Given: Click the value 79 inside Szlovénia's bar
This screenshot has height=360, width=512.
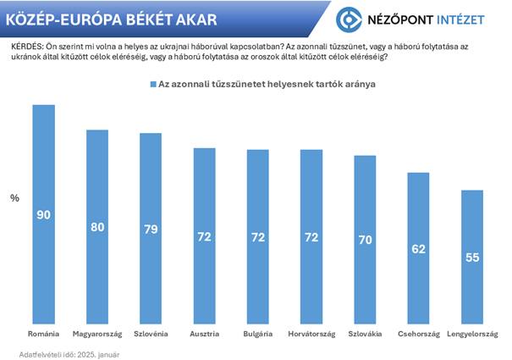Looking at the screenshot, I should [x=151, y=228].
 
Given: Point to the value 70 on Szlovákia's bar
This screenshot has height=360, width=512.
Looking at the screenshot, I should [x=365, y=240].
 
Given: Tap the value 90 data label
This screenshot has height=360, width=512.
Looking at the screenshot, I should [x=43, y=215].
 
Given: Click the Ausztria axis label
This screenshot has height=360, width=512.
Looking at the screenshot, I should [x=205, y=335].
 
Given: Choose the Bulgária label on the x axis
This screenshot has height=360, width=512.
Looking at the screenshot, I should [x=258, y=335].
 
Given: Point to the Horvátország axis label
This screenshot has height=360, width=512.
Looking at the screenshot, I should [x=311, y=335].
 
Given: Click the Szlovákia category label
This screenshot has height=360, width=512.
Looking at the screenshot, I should [x=365, y=335].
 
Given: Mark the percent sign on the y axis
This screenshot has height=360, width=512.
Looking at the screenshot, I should [x=14, y=198].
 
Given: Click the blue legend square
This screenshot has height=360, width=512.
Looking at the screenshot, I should [x=153, y=85].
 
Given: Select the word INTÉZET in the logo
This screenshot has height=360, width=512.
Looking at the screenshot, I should [x=465, y=19].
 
